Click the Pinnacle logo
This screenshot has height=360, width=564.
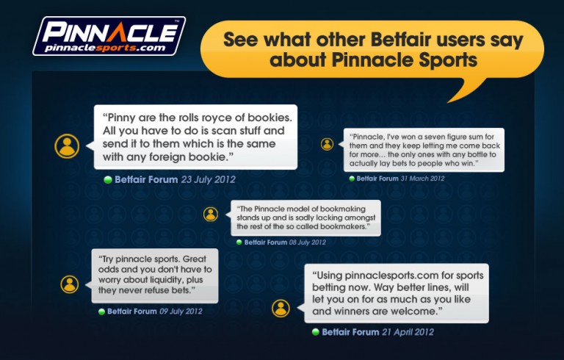[x=109, y=36]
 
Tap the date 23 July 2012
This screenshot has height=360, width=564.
[x=209, y=180]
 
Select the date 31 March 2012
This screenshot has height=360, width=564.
[x=423, y=179]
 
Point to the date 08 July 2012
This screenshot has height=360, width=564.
[x=308, y=242]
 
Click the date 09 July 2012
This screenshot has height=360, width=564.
[x=181, y=312]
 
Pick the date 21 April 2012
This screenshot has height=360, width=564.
[x=408, y=332]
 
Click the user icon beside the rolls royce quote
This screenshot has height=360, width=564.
[x=67, y=146]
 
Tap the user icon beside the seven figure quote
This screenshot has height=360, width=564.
[x=327, y=144]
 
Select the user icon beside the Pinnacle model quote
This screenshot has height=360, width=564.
[x=211, y=215]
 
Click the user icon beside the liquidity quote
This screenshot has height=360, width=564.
[x=70, y=284]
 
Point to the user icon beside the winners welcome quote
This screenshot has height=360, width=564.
[x=281, y=308]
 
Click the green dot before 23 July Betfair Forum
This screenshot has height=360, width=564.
[x=107, y=180]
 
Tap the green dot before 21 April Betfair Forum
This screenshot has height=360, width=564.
[x=316, y=332]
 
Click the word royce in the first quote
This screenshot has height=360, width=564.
[x=217, y=118]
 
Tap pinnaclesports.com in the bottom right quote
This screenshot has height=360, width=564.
[x=391, y=276]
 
